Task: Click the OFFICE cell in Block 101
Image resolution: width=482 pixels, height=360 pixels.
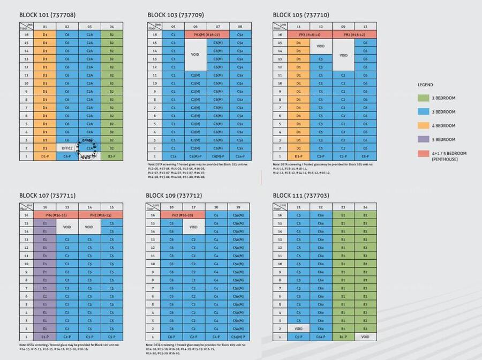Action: [67, 148]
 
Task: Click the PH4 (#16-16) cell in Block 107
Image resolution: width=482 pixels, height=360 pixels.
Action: [56, 215]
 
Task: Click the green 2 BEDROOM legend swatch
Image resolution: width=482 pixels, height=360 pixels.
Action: [423, 98]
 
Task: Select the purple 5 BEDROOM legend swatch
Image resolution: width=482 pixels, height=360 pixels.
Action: [423, 139]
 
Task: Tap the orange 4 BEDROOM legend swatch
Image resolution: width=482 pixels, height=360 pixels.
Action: [423, 125]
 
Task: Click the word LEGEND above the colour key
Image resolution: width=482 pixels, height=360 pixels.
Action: [426, 85]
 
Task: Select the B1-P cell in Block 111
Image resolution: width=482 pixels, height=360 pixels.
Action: [343, 336]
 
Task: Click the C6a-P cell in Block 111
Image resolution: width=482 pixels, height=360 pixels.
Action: [320, 336]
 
